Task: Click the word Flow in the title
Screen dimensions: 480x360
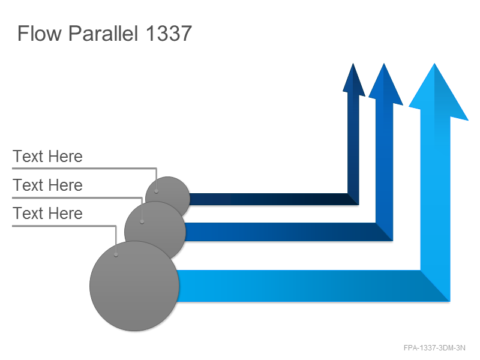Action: point(40,33)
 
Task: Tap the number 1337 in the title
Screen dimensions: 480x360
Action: point(169,33)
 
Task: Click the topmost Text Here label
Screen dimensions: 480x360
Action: point(47,157)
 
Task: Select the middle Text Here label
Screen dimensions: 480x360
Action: point(47,185)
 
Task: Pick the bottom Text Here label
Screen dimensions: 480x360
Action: point(47,214)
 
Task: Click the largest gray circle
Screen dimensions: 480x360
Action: point(134,286)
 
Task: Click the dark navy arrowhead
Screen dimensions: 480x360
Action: point(353,80)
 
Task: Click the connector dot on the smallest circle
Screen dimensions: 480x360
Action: point(156,191)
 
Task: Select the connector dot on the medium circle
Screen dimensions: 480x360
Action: point(142,221)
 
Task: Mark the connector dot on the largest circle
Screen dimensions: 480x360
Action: point(116,254)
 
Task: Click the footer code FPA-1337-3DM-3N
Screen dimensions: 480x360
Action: point(434,348)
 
